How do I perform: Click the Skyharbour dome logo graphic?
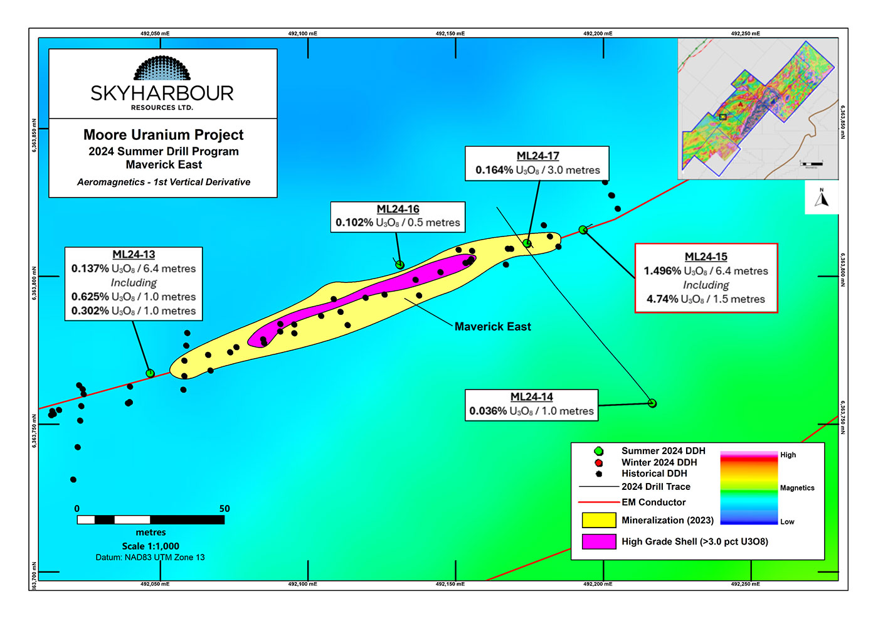[x=162, y=68]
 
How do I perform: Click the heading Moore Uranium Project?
[x=163, y=135]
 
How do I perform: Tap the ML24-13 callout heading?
[x=134, y=255]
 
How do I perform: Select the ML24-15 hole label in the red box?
[x=706, y=257]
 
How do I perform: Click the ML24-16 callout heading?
[x=398, y=210]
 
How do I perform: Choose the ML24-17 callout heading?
[x=537, y=156]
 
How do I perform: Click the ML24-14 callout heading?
[x=531, y=397]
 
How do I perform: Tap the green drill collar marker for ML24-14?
[x=652, y=403]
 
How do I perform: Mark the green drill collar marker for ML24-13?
[x=150, y=373]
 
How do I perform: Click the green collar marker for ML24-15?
[x=583, y=230]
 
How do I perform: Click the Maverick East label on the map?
[x=492, y=327]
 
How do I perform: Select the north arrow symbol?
[x=822, y=198]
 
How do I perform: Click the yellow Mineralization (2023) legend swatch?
[x=598, y=520]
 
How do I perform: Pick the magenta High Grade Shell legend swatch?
[x=598, y=541]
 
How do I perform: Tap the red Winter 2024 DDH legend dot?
[x=599, y=463]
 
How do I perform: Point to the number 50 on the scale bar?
[x=225, y=509]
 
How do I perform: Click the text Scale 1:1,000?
[x=151, y=546]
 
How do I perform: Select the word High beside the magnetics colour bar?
[x=788, y=455]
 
